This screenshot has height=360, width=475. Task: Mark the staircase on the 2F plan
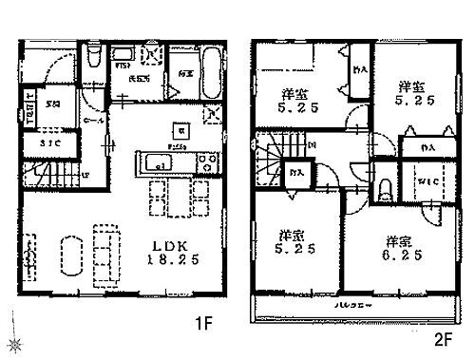coord(275,161)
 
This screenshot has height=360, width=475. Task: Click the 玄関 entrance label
coord(54,105)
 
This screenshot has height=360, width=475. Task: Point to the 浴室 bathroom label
coord(184,73)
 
